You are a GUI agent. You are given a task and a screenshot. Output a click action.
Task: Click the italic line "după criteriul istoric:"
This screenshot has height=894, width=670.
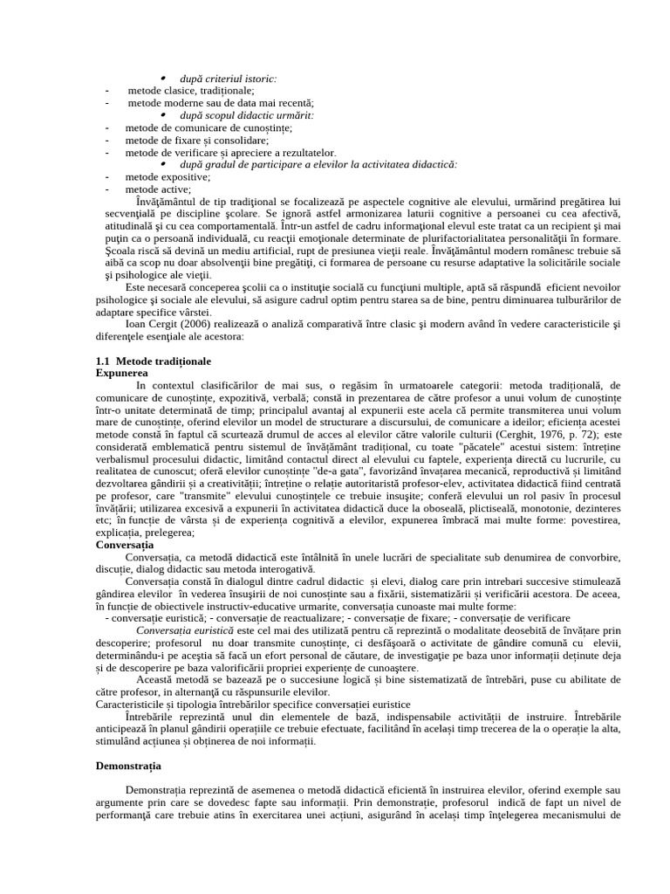tap(229, 79)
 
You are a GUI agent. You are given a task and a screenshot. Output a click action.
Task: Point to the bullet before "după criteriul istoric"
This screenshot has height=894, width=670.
tap(163, 79)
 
